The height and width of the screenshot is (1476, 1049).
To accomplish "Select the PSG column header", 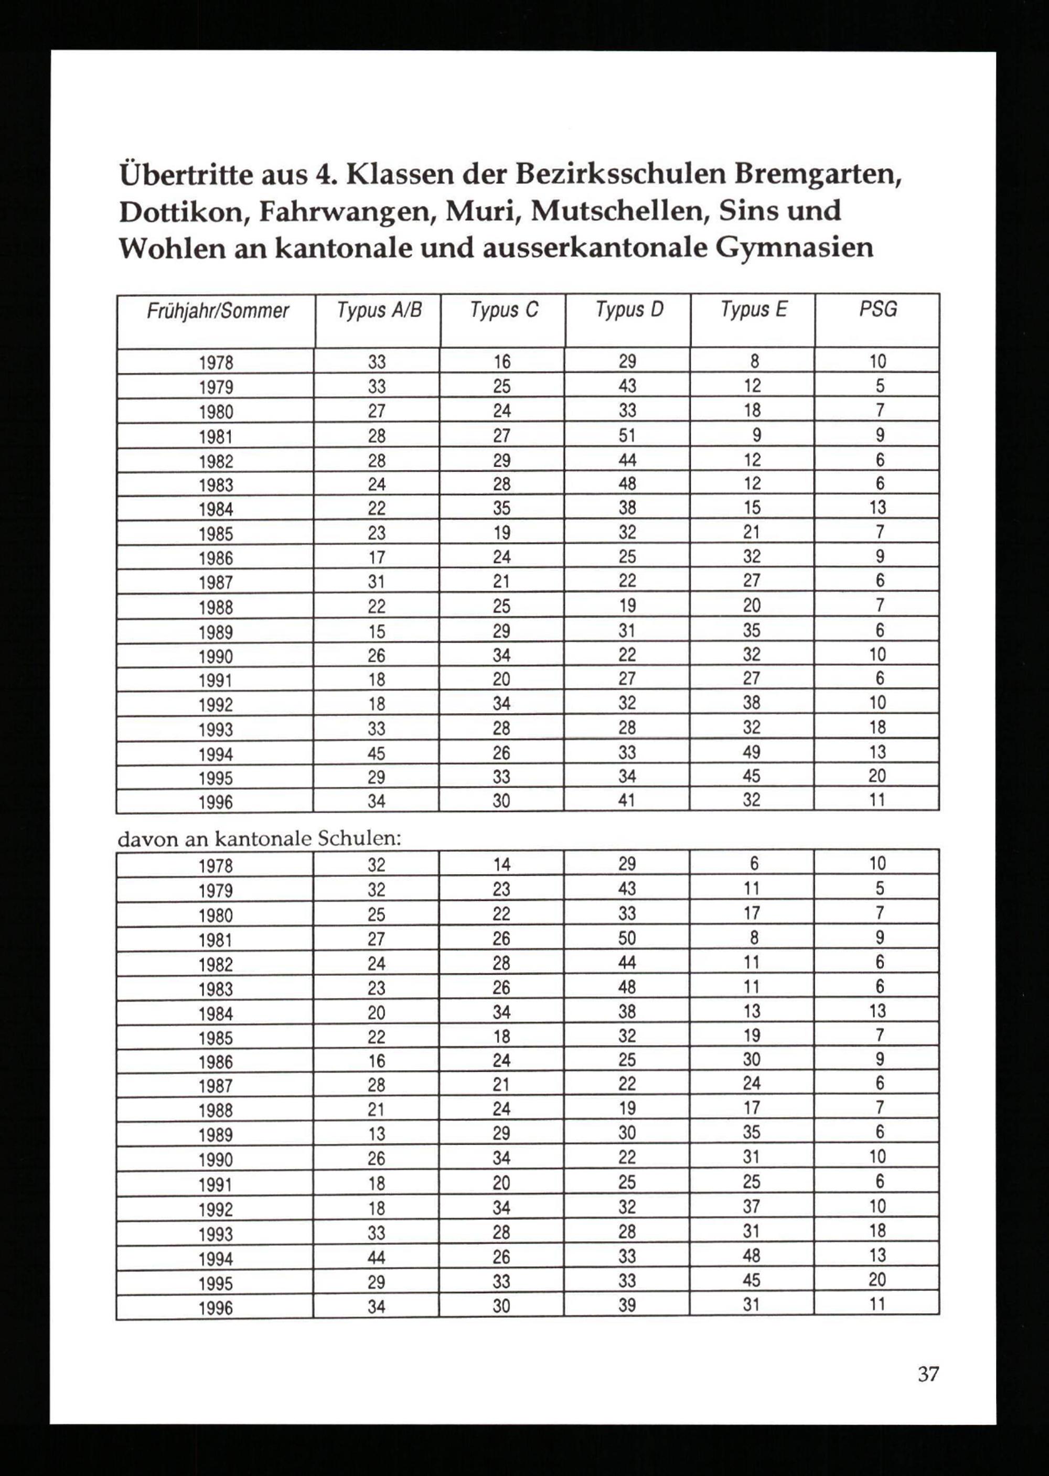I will click(x=878, y=309).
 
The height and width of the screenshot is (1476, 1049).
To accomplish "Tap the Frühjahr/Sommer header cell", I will click(x=218, y=311).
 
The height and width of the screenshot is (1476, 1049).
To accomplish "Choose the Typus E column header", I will click(x=753, y=310).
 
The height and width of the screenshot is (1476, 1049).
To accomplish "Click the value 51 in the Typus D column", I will click(x=627, y=436).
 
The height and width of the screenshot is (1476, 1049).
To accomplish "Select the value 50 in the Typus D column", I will click(x=627, y=938).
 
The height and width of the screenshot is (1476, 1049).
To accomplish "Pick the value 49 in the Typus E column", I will click(x=752, y=752).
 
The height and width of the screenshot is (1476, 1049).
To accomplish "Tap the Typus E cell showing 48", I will click(x=752, y=1255).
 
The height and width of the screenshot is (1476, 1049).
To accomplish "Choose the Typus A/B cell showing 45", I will click(x=377, y=753).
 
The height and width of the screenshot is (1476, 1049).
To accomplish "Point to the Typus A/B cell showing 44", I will click(x=377, y=1256).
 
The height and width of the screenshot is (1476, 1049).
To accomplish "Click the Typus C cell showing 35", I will click(x=502, y=509).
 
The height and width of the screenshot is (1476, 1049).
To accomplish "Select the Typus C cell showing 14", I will click(x=502, y=865).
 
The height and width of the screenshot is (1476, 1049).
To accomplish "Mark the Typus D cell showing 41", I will click(x=627, y=801).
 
